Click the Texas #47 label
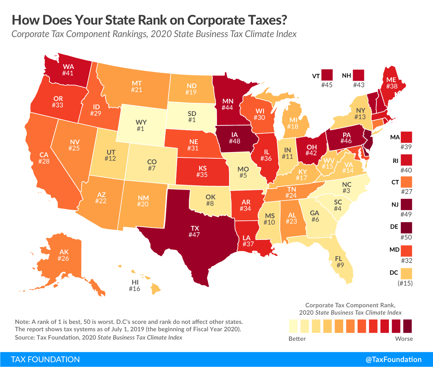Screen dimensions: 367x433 [195, 232]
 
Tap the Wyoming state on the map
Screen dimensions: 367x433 [141, 125]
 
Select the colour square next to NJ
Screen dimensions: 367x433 [406, 204]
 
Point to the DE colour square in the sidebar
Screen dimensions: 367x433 [406, 227]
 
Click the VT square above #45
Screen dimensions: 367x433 [327, 75]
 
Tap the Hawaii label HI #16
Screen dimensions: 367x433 [135, 286]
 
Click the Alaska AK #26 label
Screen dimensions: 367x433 [64, 255]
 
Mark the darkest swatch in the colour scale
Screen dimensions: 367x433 [407, 326]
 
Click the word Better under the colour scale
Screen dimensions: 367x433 [297, 339]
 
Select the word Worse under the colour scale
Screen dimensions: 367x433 [404, 339]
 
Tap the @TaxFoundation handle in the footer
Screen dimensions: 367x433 [393, 360]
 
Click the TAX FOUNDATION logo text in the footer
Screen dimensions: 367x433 [45, 360]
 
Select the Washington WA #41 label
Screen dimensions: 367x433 [68, 70]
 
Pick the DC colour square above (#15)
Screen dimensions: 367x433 [406, 273]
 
